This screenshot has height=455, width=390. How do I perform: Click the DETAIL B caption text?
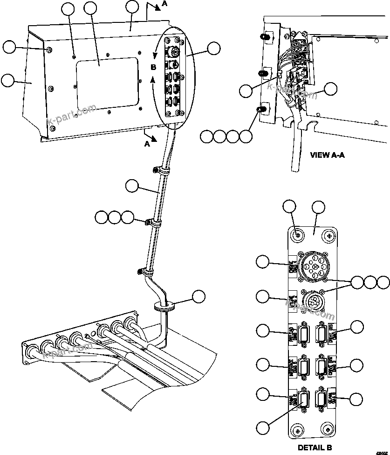(315, 448)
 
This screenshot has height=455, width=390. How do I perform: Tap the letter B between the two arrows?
(153, 67)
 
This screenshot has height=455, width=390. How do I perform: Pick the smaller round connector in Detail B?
(312, 298)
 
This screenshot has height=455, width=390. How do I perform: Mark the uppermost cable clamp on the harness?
(158, 171)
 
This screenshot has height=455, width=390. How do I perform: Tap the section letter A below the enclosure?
(147, 144)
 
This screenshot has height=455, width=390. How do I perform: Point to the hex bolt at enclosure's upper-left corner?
(48, 49)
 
